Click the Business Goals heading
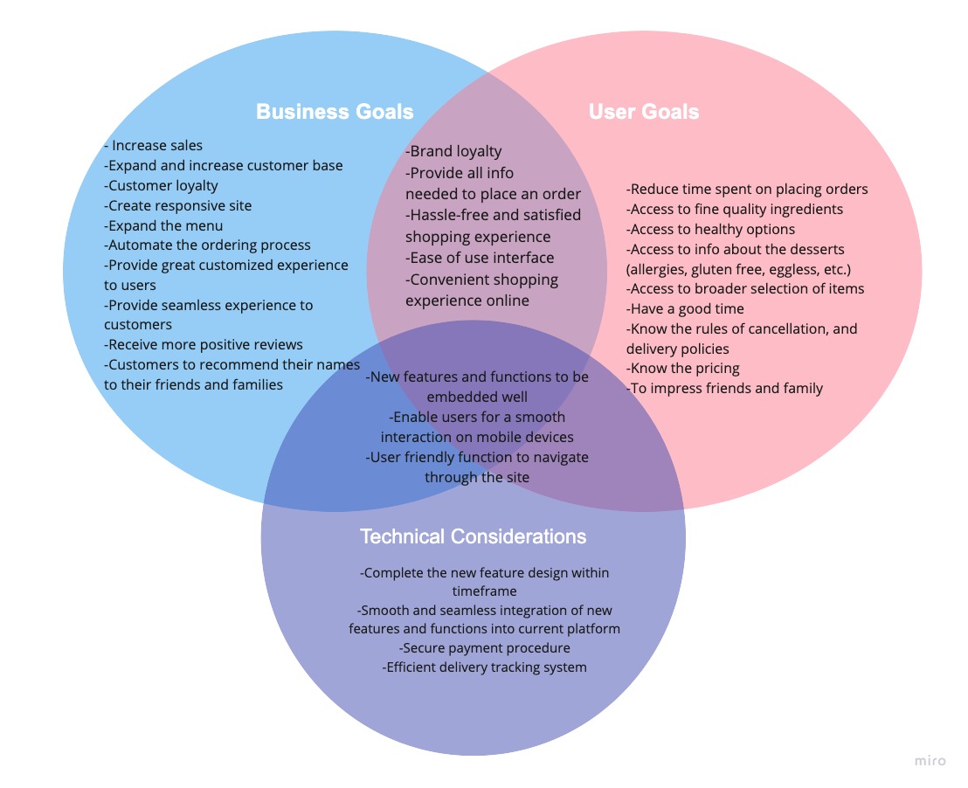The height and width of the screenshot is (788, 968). point(335,112)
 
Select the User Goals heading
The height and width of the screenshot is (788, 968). point(643,112)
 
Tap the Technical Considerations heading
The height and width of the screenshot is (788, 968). point(473,536)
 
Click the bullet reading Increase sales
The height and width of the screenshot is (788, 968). point(155,146)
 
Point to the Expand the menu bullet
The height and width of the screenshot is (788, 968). point(164,225)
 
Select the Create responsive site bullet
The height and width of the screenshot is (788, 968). point(178,206)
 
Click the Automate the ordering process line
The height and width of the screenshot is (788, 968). point(208,245)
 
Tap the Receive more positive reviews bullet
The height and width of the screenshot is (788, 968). point(204,344)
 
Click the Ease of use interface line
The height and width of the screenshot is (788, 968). point(480,258)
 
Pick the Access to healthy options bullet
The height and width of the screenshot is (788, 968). point(710,229)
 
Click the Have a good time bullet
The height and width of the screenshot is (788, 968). point(685,308)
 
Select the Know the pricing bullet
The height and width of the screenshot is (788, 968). point(683,368)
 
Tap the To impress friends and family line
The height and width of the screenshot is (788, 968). point(724,388)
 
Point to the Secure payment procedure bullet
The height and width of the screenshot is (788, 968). point(485,648)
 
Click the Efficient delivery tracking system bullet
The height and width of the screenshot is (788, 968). point(485,667)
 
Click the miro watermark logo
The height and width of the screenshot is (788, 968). point(930,761)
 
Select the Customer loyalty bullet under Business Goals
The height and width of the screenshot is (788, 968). point(162,186)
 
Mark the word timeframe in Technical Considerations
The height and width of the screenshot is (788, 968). point(485,591)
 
